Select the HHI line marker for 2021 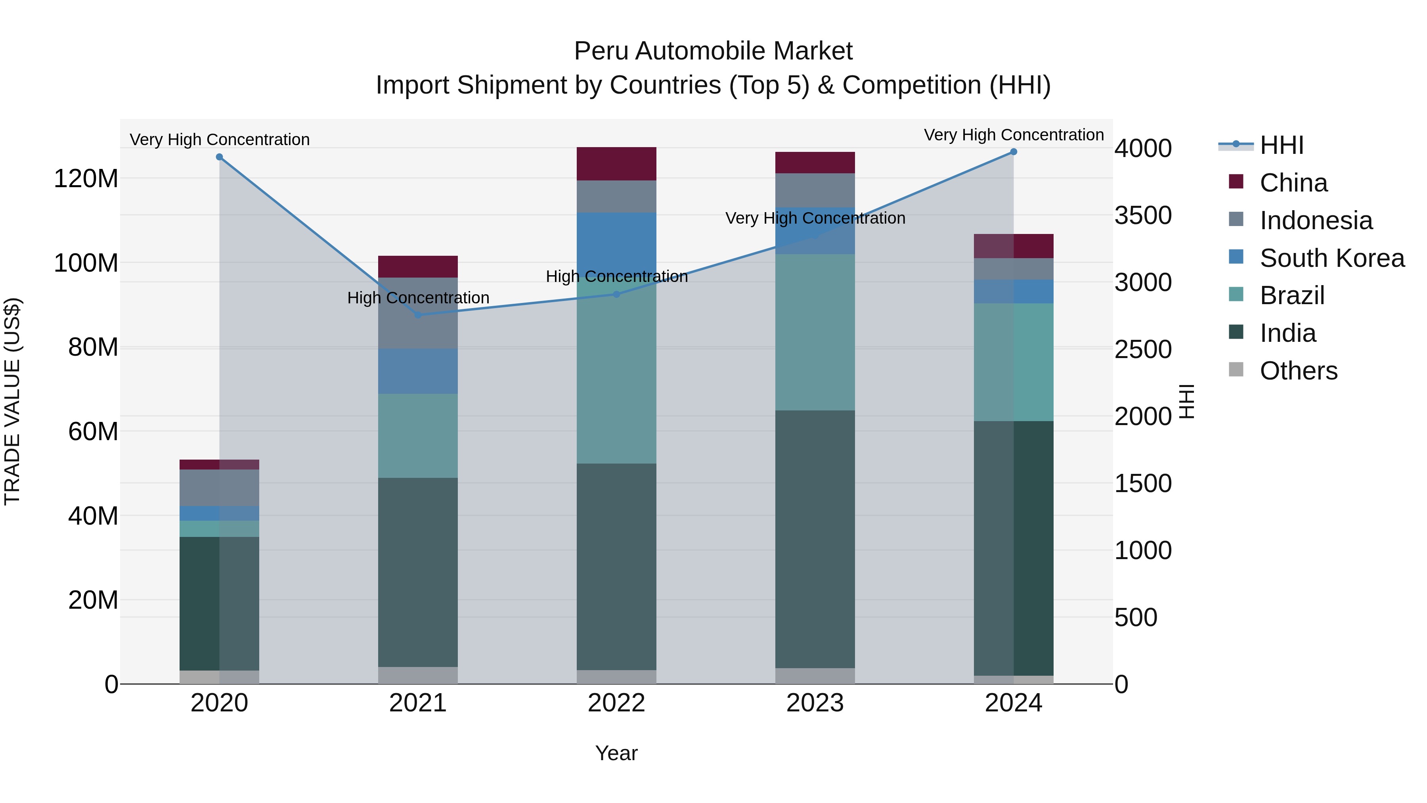(x=418, y=315)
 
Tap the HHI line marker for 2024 (x=1013, y=152)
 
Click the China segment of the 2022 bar (x=616, y=164)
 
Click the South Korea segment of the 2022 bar (x=616, y=244)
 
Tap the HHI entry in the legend (x=1281, y=146)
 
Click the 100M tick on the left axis (x=86, y=263)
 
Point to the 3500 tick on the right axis (x=1142, y=216)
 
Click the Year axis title (x=616, y=753)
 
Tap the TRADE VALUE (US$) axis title (x=12, y=401)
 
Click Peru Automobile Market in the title (x=713, y=51)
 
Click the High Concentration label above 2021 (x=418, y=298)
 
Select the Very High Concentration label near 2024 (x=1013, y=135)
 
